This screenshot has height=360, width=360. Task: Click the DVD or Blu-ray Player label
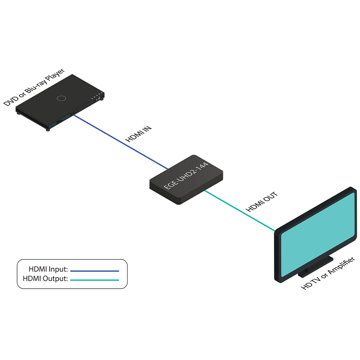34,87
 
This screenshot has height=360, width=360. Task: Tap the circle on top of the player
61,98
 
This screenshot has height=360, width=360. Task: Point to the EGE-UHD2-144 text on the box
186,176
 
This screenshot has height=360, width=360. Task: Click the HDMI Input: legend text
48,269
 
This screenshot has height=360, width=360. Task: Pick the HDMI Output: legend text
45,279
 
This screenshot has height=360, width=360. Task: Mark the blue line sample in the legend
94,271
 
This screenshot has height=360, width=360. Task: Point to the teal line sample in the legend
94,280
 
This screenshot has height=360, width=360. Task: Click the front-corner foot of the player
48,129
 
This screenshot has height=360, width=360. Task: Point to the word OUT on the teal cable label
271,197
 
